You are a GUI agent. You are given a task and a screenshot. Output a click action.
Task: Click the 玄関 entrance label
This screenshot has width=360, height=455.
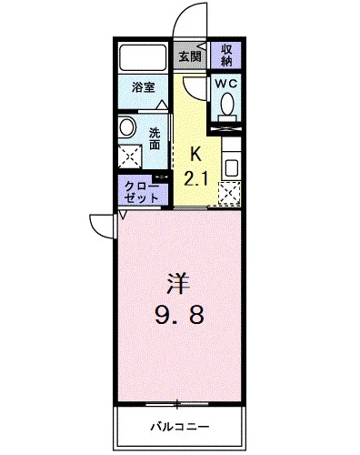point(189,56)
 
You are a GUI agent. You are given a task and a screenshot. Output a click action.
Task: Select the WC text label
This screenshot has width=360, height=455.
point(225,82)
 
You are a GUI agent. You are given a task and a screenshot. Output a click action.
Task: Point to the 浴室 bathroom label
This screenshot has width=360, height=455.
point(142,89)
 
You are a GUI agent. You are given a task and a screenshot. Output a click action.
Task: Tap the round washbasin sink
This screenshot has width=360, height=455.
point(128,127)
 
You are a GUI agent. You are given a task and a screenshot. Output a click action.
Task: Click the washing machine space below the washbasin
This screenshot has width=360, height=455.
point(129,157)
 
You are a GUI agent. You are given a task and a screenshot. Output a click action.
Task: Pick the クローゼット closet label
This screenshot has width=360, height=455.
point(141,190)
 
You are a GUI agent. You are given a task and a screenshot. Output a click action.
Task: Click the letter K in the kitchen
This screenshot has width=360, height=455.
point(195,154)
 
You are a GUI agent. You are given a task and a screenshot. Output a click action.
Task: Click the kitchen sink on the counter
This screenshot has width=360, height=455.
point(231,168)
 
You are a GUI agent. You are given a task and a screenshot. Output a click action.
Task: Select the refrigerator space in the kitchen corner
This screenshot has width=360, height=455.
point(231,194)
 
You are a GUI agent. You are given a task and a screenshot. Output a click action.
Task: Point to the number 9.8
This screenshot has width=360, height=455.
point(178,317)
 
